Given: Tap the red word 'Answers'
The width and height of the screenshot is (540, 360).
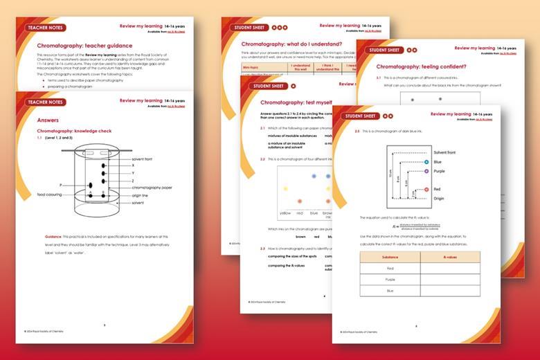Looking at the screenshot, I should click(48, 120).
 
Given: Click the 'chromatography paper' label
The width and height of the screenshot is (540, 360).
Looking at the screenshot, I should click(151, 187).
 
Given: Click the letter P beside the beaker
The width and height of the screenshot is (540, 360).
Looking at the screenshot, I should click(61, 185).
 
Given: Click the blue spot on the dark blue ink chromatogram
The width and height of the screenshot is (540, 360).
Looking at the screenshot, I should click(426, 162).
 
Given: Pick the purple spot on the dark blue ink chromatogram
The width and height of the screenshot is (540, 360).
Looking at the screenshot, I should click(426, 170).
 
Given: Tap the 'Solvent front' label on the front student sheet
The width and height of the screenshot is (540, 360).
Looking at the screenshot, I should click(444, 152).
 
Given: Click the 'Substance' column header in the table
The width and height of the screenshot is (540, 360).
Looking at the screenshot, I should click(390, 256).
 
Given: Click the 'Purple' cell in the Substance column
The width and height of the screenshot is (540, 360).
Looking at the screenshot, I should click(390, 280).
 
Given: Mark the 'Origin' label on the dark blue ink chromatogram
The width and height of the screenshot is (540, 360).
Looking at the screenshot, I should click(438, 198).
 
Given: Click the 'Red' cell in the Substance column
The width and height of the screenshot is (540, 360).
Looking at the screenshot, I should click(390, 268).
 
